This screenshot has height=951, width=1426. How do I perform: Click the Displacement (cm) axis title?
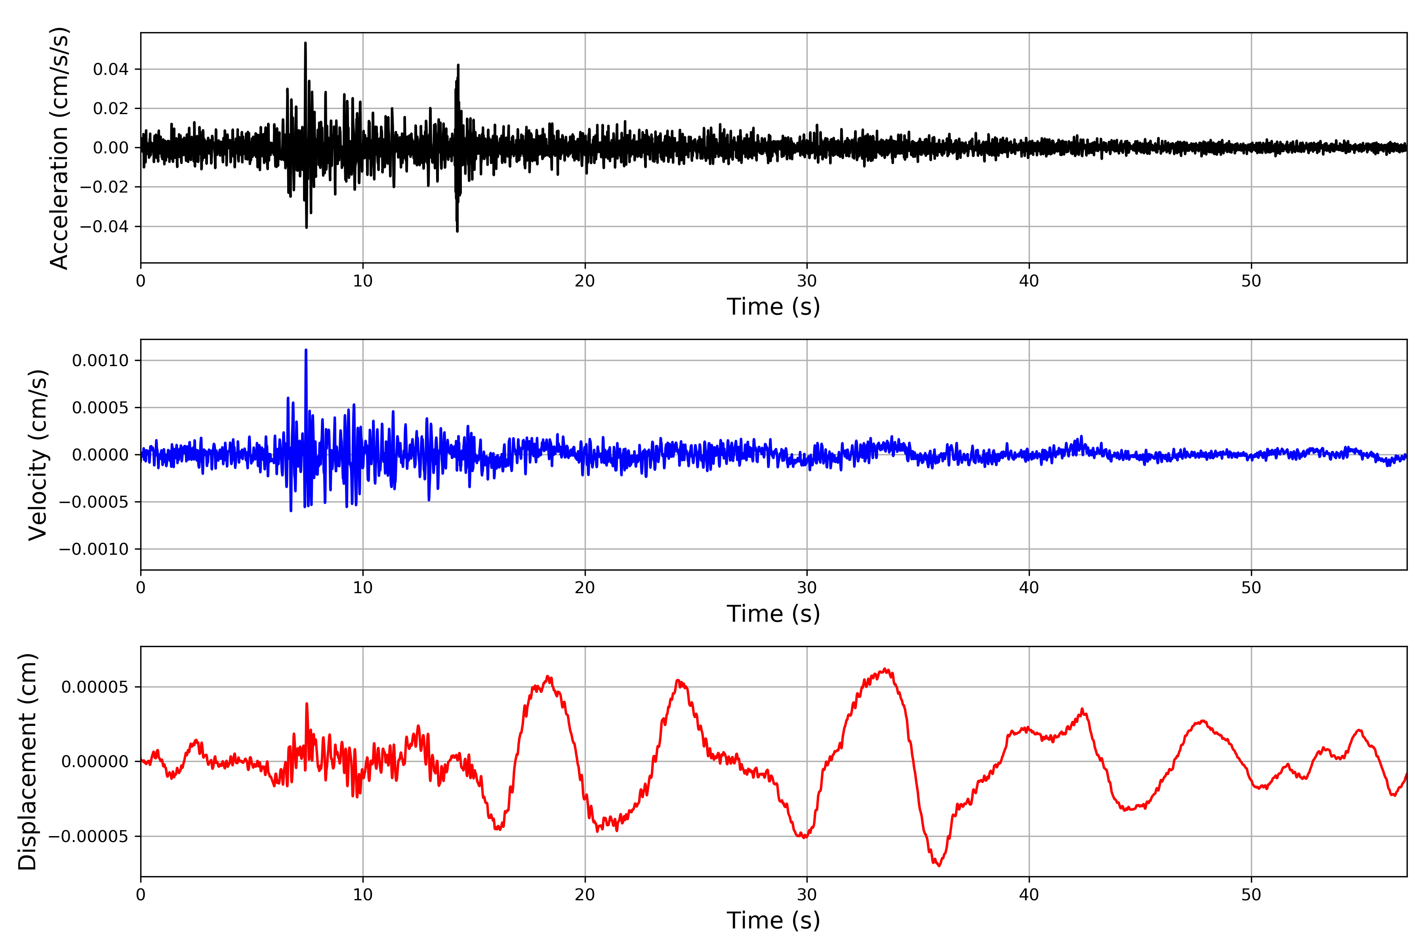[27, 762]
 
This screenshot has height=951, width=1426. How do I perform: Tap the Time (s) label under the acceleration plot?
[773, 307]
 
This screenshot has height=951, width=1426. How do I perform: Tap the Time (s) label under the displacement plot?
[773, 920]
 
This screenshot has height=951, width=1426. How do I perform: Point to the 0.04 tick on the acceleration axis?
[111, 69]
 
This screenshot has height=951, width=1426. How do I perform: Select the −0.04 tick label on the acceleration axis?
[104, 227]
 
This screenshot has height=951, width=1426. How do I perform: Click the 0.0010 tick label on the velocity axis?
[100, 361]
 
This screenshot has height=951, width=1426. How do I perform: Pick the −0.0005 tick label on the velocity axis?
[93, 502]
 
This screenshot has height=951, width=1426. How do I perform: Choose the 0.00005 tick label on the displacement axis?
[95, 687]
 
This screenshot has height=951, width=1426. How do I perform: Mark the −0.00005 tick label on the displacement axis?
[88, 837]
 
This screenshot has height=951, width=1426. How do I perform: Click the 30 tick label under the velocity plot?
[806, 588]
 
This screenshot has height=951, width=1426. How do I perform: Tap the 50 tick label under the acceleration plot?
[1251, 281]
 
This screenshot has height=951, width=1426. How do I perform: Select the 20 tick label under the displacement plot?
[585, 895]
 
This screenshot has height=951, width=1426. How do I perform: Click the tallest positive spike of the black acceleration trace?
[305, 43]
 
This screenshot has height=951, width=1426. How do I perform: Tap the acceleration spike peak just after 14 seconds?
[458, 65]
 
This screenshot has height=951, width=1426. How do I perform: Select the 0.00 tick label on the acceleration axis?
[111, 148]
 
